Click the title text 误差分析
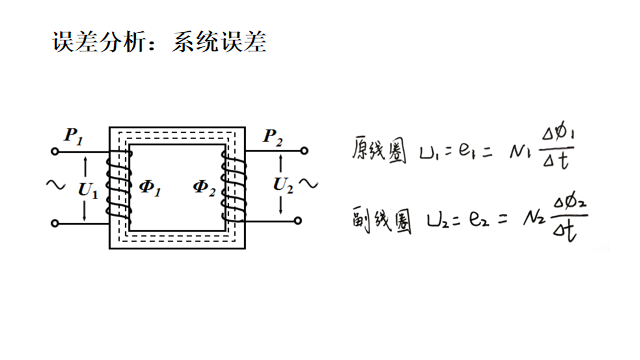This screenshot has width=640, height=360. (95, 43)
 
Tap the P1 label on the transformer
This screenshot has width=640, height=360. (73, 134)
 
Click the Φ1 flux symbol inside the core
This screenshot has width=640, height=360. (150, 186)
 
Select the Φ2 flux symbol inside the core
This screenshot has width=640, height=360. (205, 186)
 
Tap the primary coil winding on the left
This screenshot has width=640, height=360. (118, 186)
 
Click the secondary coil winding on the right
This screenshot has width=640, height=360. (236, 186)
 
